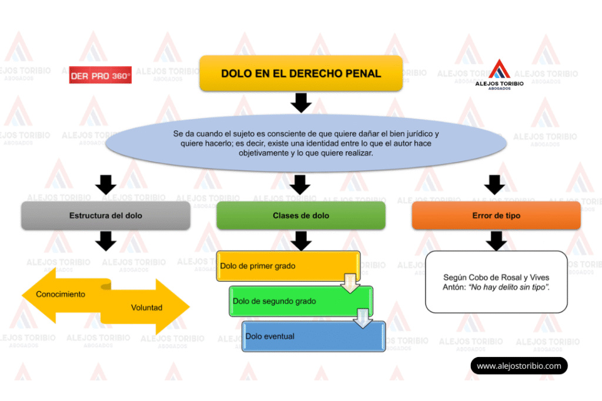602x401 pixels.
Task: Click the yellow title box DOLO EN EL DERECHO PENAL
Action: [301, 74]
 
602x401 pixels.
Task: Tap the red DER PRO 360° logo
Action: [101, 76]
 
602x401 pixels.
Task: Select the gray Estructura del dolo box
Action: [106, 215]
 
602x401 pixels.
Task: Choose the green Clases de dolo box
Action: [301, 215]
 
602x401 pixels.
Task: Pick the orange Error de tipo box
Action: [496, 215]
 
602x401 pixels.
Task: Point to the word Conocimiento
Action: [61, 294]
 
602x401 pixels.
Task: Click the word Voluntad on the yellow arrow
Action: [147, 308]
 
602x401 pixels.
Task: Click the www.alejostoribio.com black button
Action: [519, 366]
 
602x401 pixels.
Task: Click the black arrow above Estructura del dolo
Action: [106, 184]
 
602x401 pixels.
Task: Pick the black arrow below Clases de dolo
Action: [301, 240]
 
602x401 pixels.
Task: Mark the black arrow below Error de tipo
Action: [496, 240]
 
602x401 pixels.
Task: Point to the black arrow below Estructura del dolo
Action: [106, 240]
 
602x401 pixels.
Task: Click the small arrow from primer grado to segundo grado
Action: [350, 282]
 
